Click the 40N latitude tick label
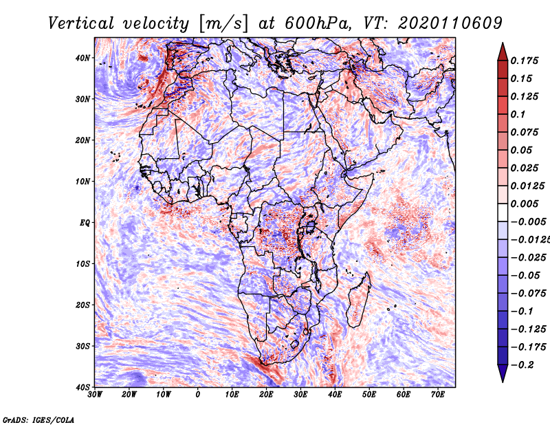82,58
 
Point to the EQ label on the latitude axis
84,223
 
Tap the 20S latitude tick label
82,305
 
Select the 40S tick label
82,386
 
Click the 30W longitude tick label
95,395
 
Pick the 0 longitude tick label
198,395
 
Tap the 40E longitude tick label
335,395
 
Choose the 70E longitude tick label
438,395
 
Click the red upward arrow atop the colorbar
502,51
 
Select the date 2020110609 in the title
441,23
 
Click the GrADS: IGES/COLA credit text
38,418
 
